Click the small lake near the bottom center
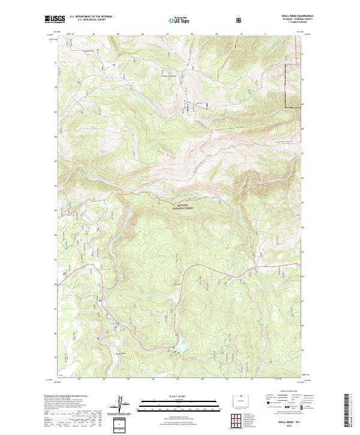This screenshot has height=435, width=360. click(178, 347)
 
